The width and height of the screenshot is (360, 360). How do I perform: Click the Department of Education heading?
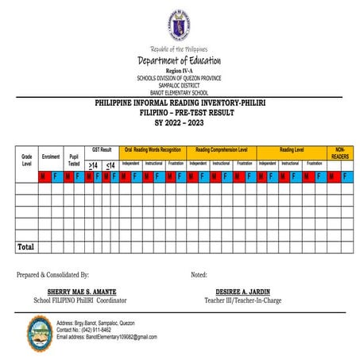click(x=179, y=61)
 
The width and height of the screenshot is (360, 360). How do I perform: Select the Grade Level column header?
click(x=25, y=160)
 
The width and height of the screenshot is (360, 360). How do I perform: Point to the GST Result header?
click(x=102, y=149)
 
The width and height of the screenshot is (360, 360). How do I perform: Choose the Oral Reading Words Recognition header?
click(x=153, y=149)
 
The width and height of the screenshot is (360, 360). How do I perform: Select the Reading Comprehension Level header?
click(x=221, y=149)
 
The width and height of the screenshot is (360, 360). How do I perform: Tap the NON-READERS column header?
click(x=339, y=153)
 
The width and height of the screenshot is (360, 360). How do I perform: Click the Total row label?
click(x=25, y=247)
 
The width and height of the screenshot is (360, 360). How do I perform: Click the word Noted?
click(x=199, y=274)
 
